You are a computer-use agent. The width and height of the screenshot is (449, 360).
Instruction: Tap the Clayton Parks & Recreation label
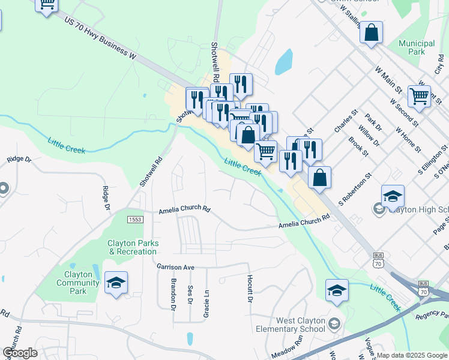[x=133, y=247]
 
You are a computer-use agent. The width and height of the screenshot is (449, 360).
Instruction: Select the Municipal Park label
[x=416, y=47]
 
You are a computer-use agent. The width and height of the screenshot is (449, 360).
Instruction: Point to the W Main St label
[x=389, y=79]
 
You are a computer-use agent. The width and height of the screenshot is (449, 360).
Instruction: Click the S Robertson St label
[x=355, y=190]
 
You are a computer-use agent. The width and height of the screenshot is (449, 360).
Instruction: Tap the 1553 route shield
[x=135, y=220]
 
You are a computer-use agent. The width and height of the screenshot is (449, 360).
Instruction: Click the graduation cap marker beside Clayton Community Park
[x=116, y=283]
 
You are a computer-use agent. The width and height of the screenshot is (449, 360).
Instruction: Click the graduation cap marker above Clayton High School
[x=393, y=196]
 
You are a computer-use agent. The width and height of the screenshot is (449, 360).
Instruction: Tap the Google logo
[x=20, y=353]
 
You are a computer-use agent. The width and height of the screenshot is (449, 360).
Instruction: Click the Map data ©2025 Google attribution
[x=412, y=355]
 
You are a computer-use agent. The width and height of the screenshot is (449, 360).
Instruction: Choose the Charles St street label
[x=346, y=121]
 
